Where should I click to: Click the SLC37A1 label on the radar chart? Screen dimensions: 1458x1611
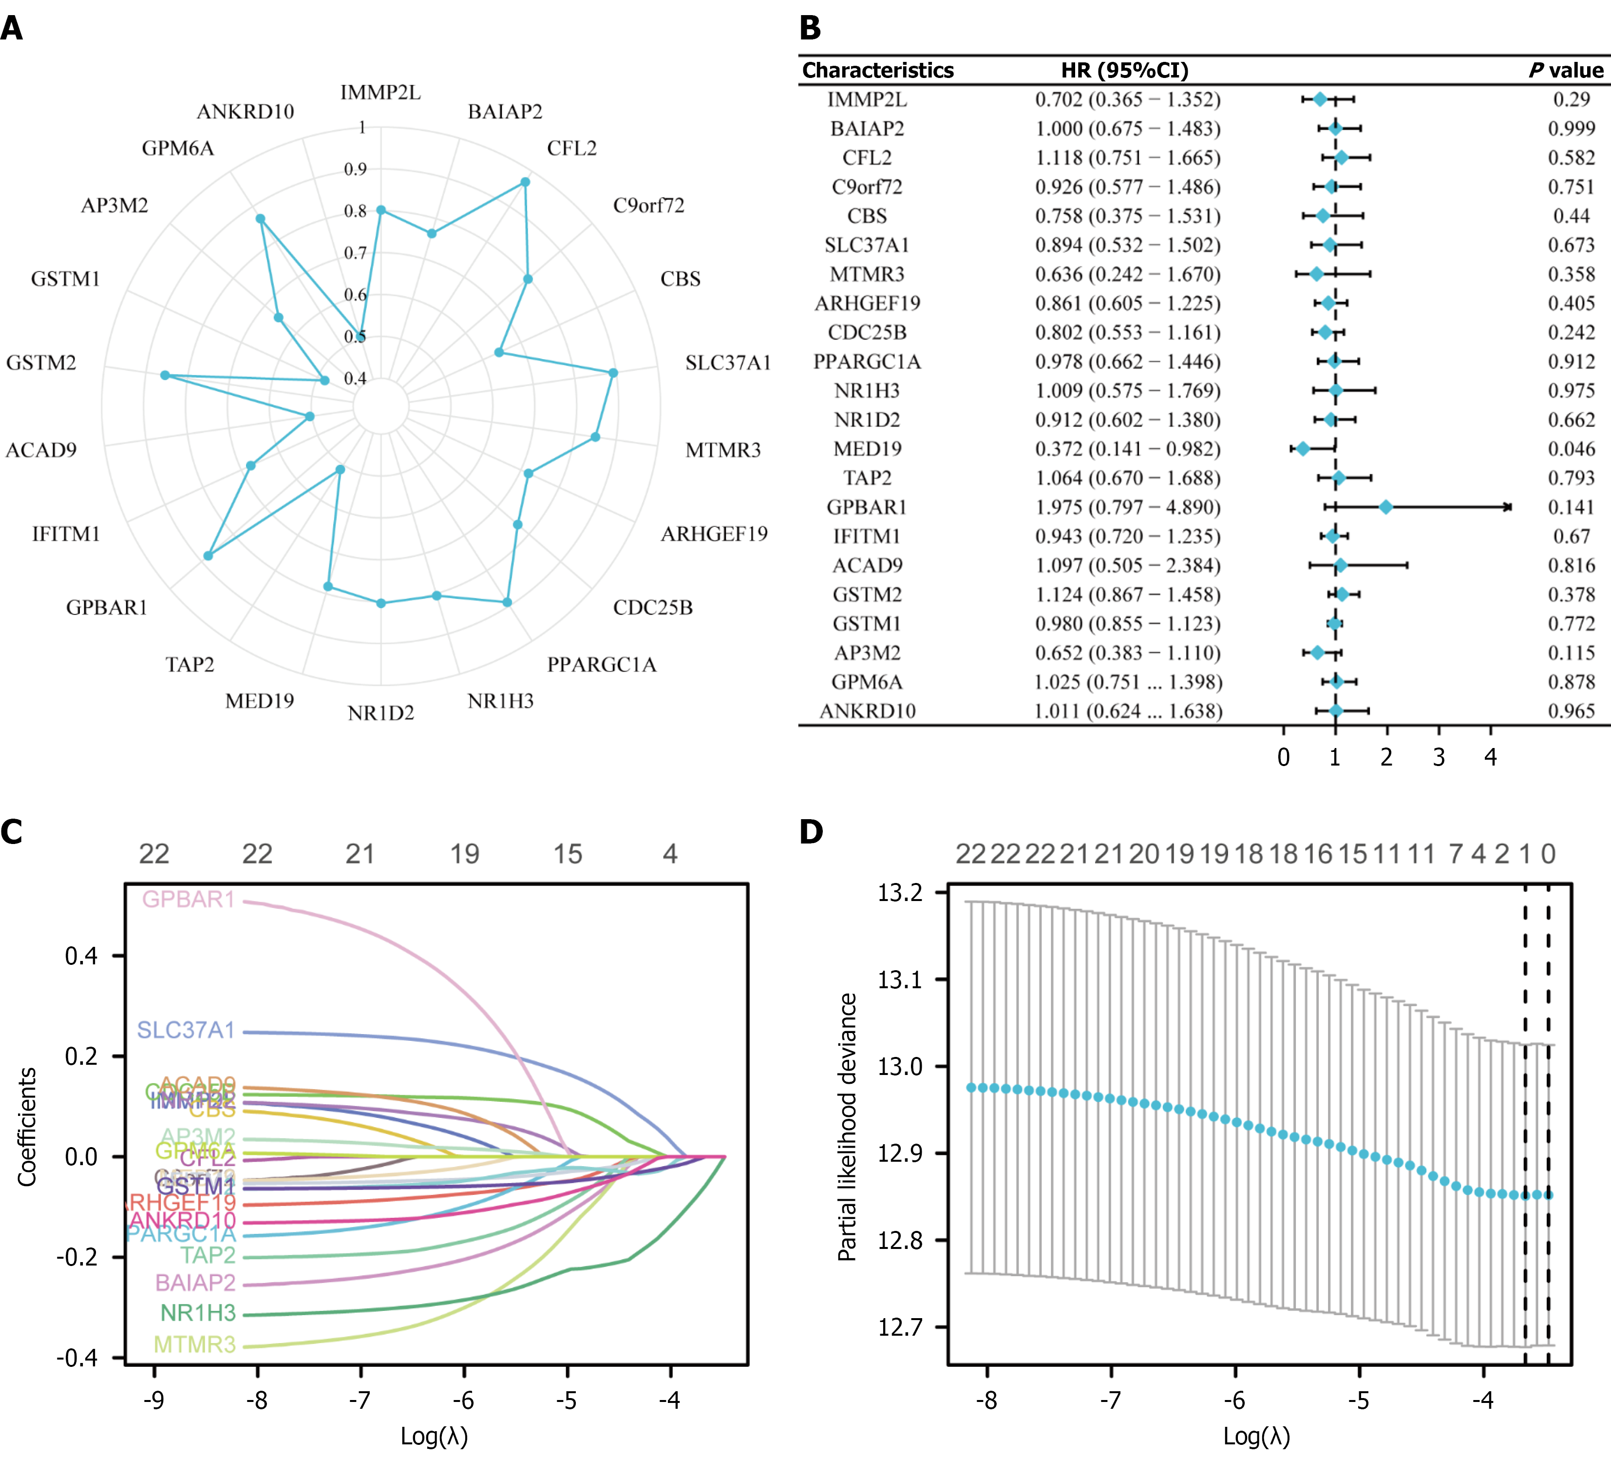[x=728, y=363]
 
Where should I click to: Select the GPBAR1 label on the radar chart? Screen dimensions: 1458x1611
[x=106, y=608]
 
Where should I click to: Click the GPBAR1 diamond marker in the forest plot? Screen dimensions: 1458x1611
[x=1385, y=507]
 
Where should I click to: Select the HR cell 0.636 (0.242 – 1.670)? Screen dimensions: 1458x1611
[x=1128, y=275]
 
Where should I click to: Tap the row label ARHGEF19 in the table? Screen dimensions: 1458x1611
[x=867, y=304]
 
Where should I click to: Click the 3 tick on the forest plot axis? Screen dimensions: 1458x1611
[x=1439, y=757]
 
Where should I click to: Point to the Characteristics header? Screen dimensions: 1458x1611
[x=877, y=70]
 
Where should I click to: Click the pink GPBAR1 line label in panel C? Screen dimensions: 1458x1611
[x=189, y=899]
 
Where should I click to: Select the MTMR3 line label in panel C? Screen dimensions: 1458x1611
[x=194, y=1344]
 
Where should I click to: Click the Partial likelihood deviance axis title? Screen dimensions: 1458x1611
[x=847, y=1127]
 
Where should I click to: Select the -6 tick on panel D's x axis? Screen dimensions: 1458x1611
[x=1234, y=1400]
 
